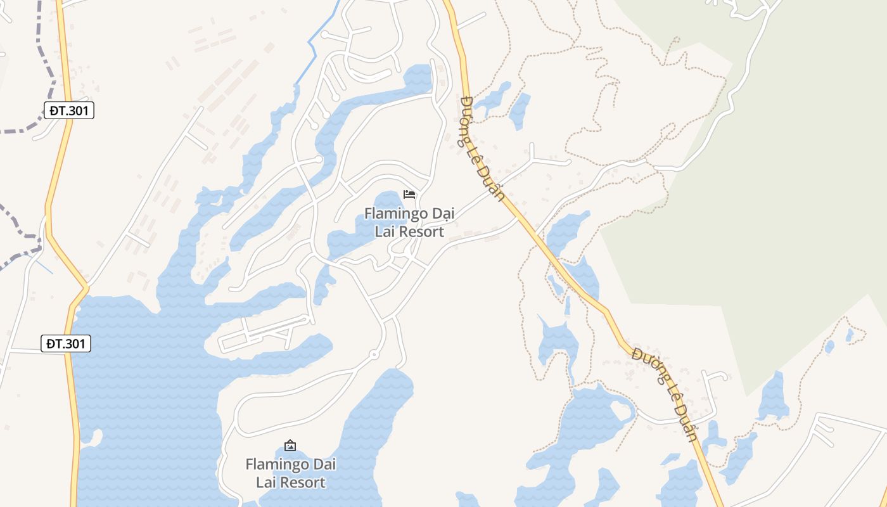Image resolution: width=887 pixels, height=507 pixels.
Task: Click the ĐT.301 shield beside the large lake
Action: (66, 344)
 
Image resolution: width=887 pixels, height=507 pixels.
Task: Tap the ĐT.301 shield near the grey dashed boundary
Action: (69, 110)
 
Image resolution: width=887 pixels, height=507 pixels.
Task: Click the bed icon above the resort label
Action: (409, 194)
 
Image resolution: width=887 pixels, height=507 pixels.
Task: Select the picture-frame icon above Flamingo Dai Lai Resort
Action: (290, 446)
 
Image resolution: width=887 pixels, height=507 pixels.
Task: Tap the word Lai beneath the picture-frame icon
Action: (264, 482)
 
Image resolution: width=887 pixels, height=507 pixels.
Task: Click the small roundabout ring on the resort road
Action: (374, 355)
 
